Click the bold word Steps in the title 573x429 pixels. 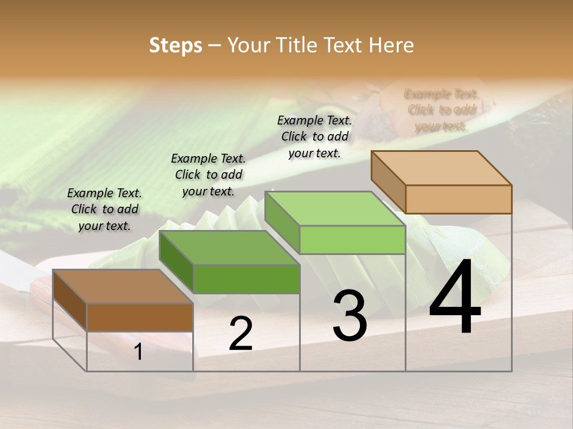coord(175,45)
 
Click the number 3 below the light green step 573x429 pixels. coord(349,316)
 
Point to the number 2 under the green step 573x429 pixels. coord(241,334)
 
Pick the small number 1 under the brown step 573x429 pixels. coord(138,352)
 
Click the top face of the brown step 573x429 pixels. coord(123,287)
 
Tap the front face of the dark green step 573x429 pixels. coord(247,279)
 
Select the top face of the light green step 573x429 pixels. coord(334,209)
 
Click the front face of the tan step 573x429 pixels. coord(458,199)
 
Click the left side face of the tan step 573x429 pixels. coord(388,182)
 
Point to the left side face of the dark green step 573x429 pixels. coord(176,262)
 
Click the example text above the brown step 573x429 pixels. coord(104,209)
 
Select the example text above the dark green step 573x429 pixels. coord(208,175)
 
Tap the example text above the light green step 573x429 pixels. coord(315,136)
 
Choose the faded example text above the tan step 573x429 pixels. coord(441,110)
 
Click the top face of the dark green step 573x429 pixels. coord(229,248)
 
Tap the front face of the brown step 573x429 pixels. coord(140,317)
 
